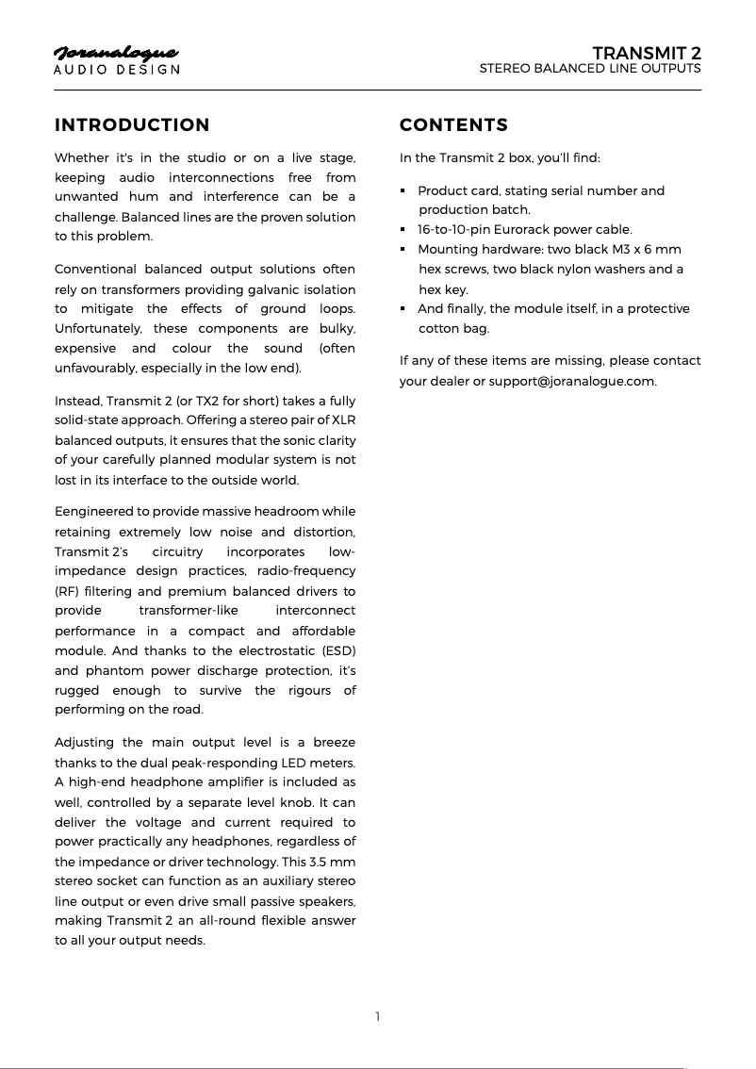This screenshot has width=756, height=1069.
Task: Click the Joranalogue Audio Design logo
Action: click(x=117, y=59)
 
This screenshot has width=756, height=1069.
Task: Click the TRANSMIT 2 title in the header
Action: click(x=646, y=52)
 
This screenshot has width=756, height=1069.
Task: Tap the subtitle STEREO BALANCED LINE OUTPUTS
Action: click(x=590, y=69)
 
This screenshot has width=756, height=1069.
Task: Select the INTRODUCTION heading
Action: click(x=132, y=125)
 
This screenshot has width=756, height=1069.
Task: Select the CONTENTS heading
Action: click(x=453, y=125)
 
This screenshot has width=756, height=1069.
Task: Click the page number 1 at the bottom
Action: click(x=378, y=1016)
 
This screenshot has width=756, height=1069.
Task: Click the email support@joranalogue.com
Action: click(x=572, y=381)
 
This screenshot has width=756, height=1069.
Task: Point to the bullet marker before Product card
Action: click(x=403, y=191)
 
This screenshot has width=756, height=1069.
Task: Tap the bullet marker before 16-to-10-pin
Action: click(x=403, y=230)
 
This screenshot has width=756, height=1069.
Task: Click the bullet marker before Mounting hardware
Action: click(x=403, y=250)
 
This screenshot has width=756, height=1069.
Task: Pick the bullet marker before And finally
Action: click(x=403, y=309)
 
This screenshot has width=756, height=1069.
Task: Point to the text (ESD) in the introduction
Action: click(x=338, y=650)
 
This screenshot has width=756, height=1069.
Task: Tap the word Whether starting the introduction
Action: click(x=81, y=157)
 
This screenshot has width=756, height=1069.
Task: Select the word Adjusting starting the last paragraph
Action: click(x=84, y=743)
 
